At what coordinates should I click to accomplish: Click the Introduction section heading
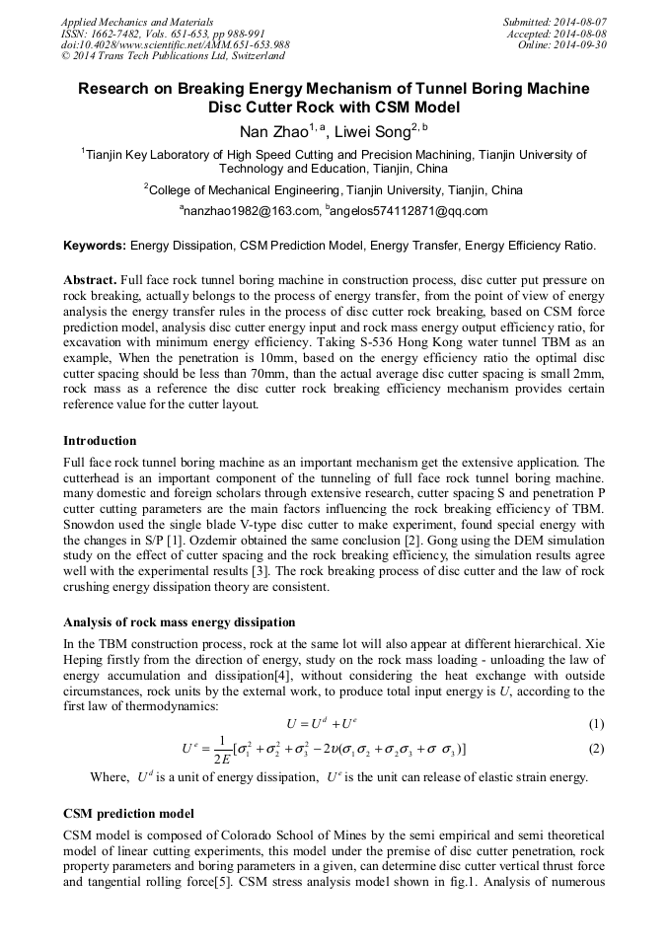coord(100,440)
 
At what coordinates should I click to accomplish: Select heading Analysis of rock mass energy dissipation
coord(179,621)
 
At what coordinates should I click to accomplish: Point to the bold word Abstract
coord(90,280)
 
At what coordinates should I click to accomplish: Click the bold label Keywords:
coord(95,244)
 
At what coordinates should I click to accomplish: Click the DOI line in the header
coord(175,44)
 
